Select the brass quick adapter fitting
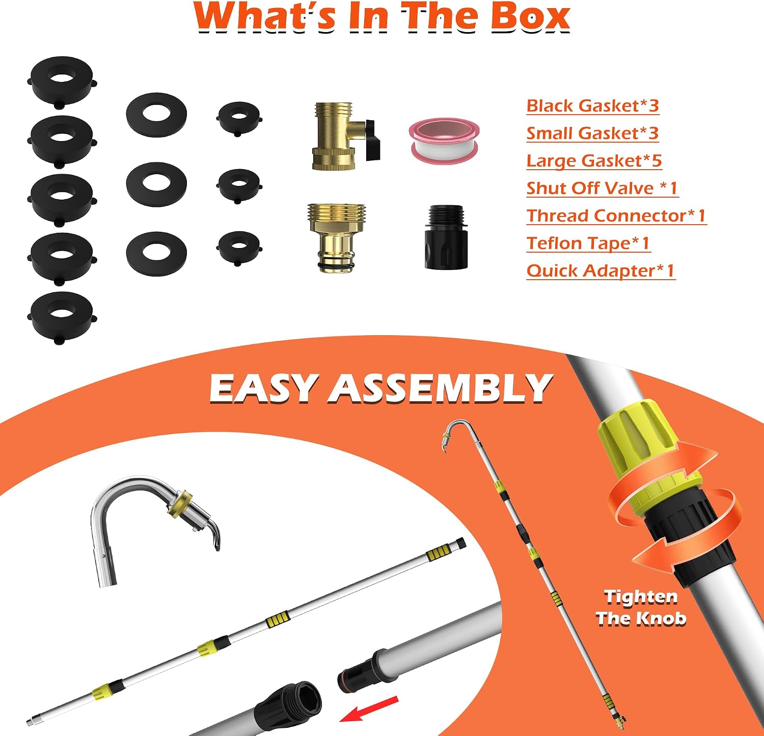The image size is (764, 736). [x=336, y=237]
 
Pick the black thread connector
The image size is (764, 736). [x=446, y=237]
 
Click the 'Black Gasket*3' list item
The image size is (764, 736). [x=592, y=106]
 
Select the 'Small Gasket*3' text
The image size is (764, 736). [x=592, y=133]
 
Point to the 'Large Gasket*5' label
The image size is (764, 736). [x=594, y=161]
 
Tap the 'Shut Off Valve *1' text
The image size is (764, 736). [x=602, y=188]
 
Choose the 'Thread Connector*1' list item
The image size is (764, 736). [x=616, y=216]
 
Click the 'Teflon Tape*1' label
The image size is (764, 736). [x=588, y=243]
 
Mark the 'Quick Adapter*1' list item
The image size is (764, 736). [x=601, y=271]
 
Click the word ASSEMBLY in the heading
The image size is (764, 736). [x=441, y=388]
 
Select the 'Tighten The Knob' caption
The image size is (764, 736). [x=641, y=607]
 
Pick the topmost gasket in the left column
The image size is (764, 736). [x=62, y=80]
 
